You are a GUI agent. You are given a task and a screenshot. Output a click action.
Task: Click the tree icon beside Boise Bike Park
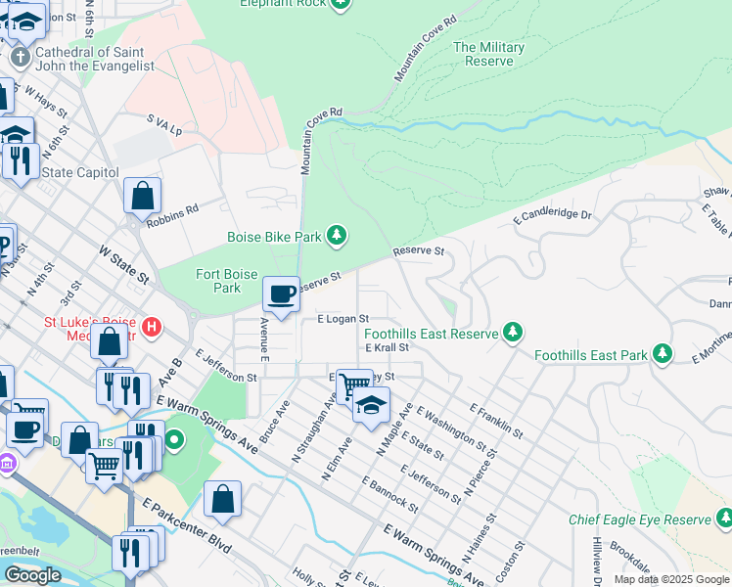[337, 235]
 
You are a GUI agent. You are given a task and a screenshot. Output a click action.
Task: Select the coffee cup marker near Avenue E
[281, 293]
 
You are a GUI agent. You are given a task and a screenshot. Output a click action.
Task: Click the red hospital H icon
[152, 326]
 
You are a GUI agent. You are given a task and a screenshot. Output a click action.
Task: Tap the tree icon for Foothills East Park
[663, 351]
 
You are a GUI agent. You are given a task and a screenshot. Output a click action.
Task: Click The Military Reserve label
[488, 54]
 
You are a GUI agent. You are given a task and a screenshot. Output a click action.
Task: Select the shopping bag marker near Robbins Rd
[143, 195]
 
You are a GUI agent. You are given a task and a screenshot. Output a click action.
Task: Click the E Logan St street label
[343, 319]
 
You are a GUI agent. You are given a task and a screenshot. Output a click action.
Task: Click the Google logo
[32, 576]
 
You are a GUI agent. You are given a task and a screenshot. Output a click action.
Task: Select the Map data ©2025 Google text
[670, 579]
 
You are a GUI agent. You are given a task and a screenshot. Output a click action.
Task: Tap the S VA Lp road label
[164, 124]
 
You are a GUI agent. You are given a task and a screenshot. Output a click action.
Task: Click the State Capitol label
[80, 172]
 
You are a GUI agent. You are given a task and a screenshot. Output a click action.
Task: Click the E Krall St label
[387, 347]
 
